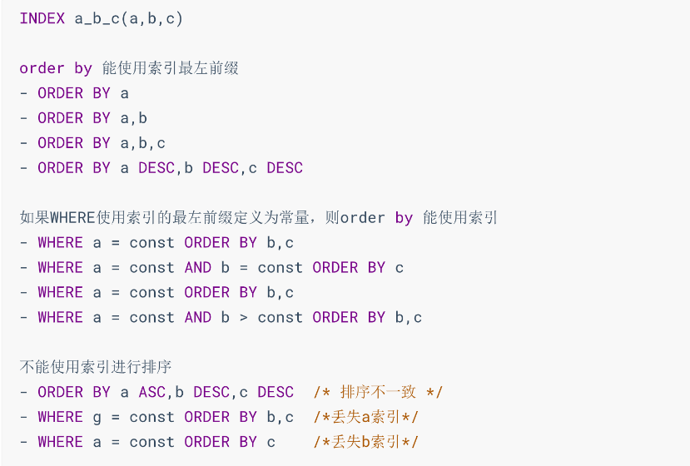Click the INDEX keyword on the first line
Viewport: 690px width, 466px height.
pyautogui.click(x=42, y=18)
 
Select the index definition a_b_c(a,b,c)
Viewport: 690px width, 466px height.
pyautogui.click(x=128, y=19)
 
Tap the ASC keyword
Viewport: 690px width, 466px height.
pyautogui.click(x=152, y=392)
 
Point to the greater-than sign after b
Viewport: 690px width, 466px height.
pyautogui.click(x=243, y=317)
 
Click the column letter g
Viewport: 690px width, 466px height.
pyautogui.click(x=97, y=418)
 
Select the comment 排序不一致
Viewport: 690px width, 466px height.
pyautogui.click(x=378, y=392)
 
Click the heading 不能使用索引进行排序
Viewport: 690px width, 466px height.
pyautogui.click(x=96, y=366)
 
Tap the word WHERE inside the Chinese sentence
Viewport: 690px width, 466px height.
pyautogui.click(x=72, y=218)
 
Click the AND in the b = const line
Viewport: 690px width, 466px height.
pyautogui.click(x=198, y=268)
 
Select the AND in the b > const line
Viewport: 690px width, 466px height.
pyautogui.click(x=198, y=317)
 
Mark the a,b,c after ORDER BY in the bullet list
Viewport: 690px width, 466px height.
pyautogui.click(x=142, y=143)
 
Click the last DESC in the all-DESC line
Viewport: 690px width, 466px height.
pyautogui.click(x=285, y=167)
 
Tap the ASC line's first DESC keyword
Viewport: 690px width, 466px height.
pyautogui.click(x=211, y=392)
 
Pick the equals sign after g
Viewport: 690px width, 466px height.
pyautogui.click(x=116, y=417)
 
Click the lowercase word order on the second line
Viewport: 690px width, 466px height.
pyautogui.click(x=42, y=68)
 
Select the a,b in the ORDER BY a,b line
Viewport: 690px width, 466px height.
pyautogui.click(x=134, y=118)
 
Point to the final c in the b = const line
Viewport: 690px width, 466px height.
pyautogui.click(x=400, y=268)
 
